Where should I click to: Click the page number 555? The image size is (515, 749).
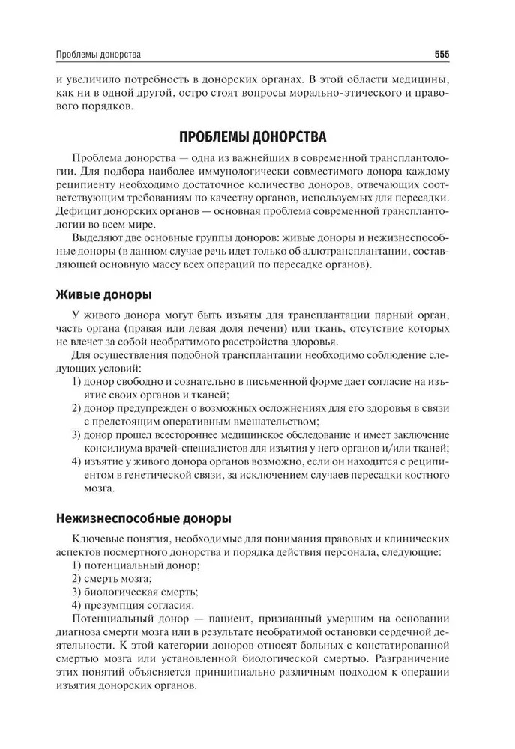(x=442, y=55)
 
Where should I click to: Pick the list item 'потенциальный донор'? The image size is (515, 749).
(x=132, y=565)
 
